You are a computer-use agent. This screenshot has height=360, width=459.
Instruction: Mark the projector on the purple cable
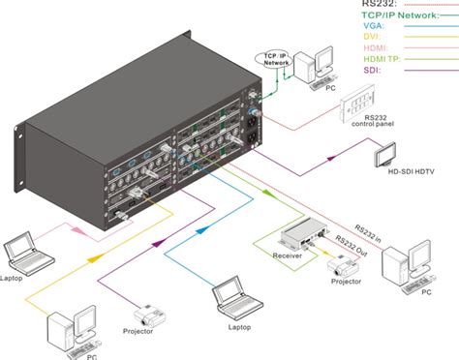coord(147,314)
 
